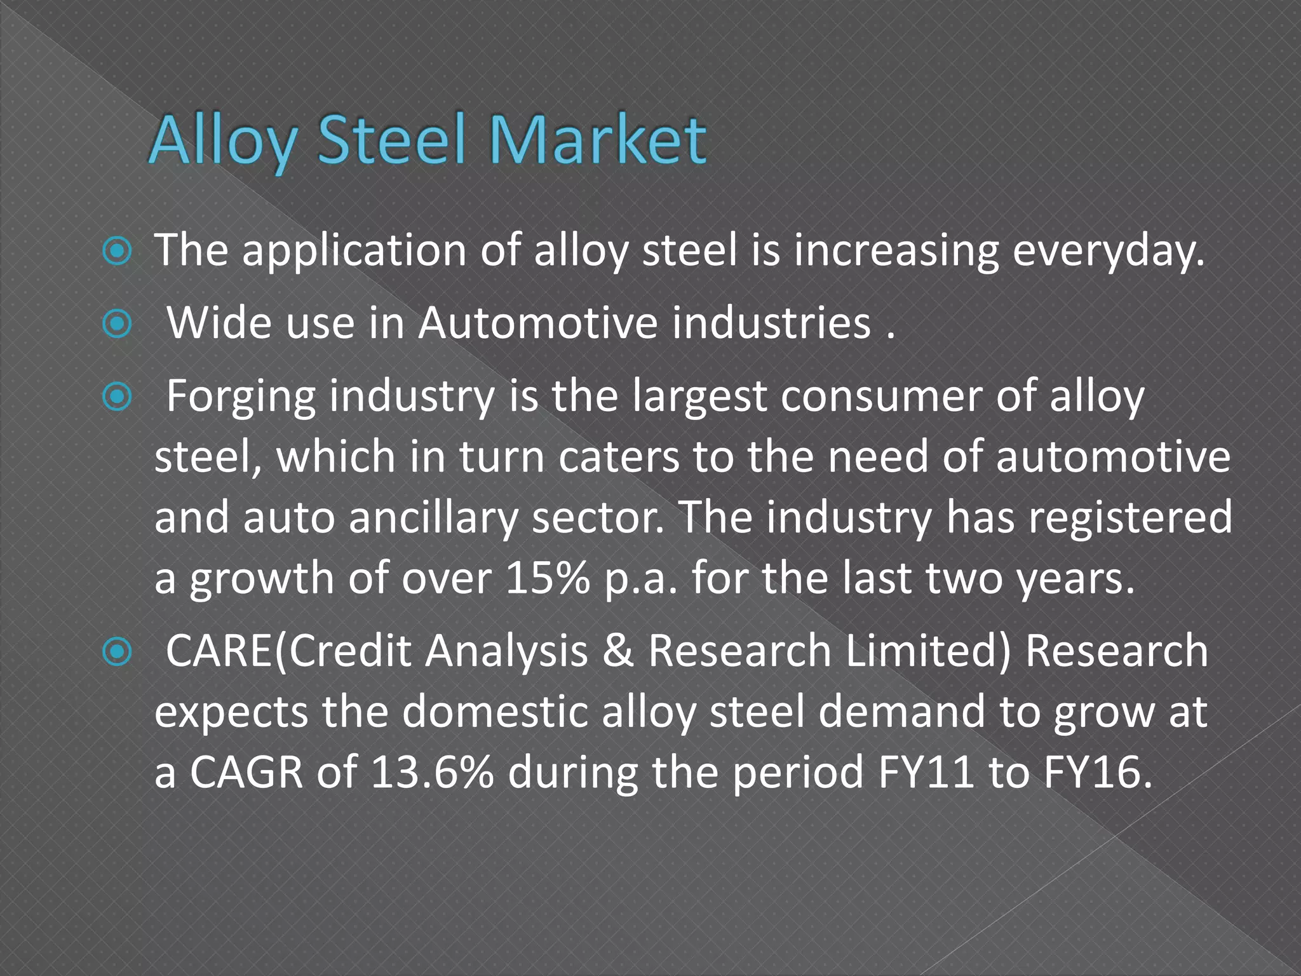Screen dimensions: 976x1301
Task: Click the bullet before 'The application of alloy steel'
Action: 117,252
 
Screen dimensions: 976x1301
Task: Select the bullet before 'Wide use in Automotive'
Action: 117,325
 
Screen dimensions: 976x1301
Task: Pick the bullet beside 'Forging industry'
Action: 117,398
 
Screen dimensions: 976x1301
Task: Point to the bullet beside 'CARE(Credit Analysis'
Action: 117,653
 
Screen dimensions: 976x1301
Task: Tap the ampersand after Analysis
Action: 618,651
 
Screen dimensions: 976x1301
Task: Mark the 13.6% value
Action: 432,772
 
